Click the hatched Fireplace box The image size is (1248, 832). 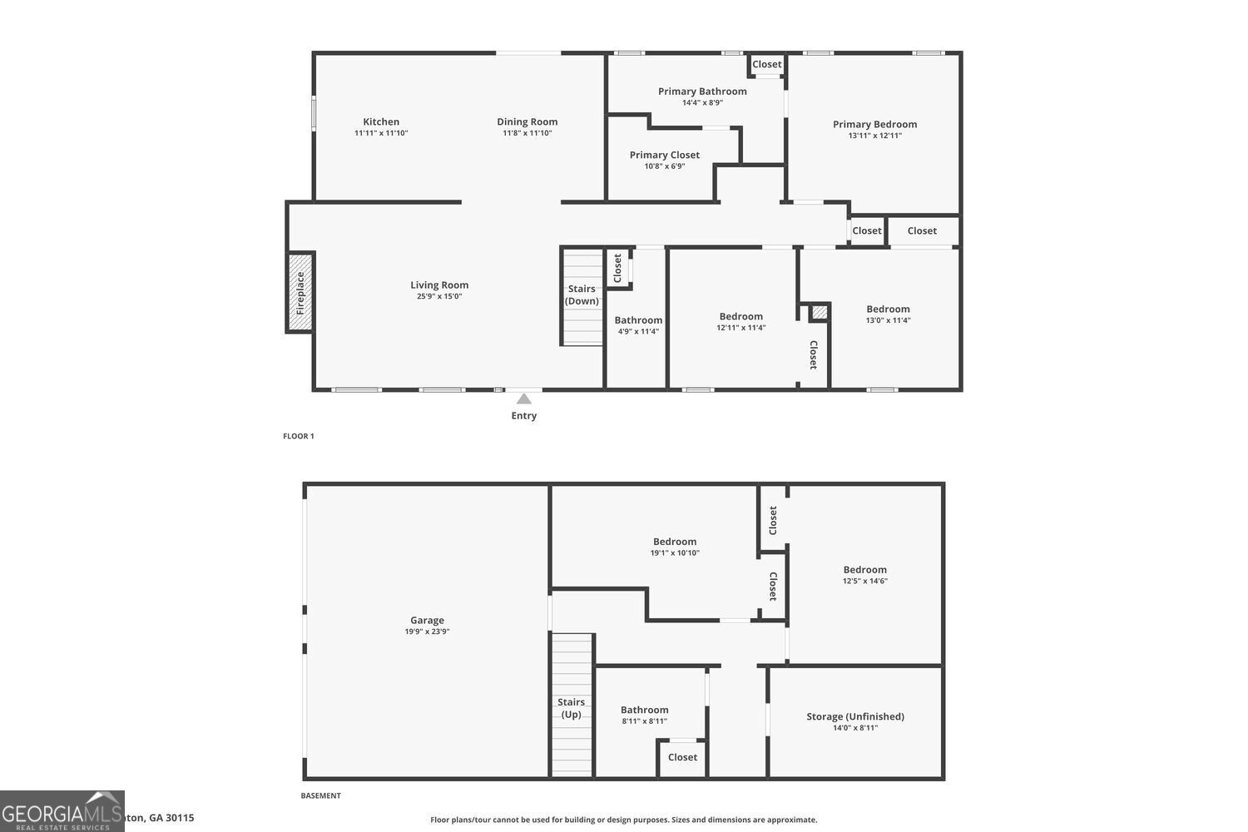(x=300, y=291)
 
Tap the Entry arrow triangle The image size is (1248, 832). (x=523, y=399)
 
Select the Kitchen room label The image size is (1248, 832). (x=381, y=121)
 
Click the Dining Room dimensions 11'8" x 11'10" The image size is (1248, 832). (x=527, y=133)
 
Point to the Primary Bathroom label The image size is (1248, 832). (x=702, y=92)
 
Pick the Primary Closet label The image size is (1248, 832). (x=664, y=155)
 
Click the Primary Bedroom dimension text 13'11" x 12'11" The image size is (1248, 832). (x=874, y=136)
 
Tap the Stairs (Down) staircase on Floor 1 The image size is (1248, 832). (x=582, y=295)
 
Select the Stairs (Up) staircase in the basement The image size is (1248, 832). (x=571, y=707)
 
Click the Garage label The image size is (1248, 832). (x=427, y=620)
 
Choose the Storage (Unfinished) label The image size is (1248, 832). (x=854, y=716)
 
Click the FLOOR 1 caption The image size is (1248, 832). (x=299, y=436)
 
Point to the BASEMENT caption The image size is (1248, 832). (x=320, y=795)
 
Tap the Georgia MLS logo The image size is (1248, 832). (x=62, y=811)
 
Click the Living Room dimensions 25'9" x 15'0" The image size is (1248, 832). (x=439, y=296)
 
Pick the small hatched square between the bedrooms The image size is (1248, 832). (x=820, y=312)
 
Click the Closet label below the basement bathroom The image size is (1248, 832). (x=682, y=757)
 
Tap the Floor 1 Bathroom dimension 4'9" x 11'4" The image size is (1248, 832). (x=638, y=331)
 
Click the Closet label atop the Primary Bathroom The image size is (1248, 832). (x=766, y=64)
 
